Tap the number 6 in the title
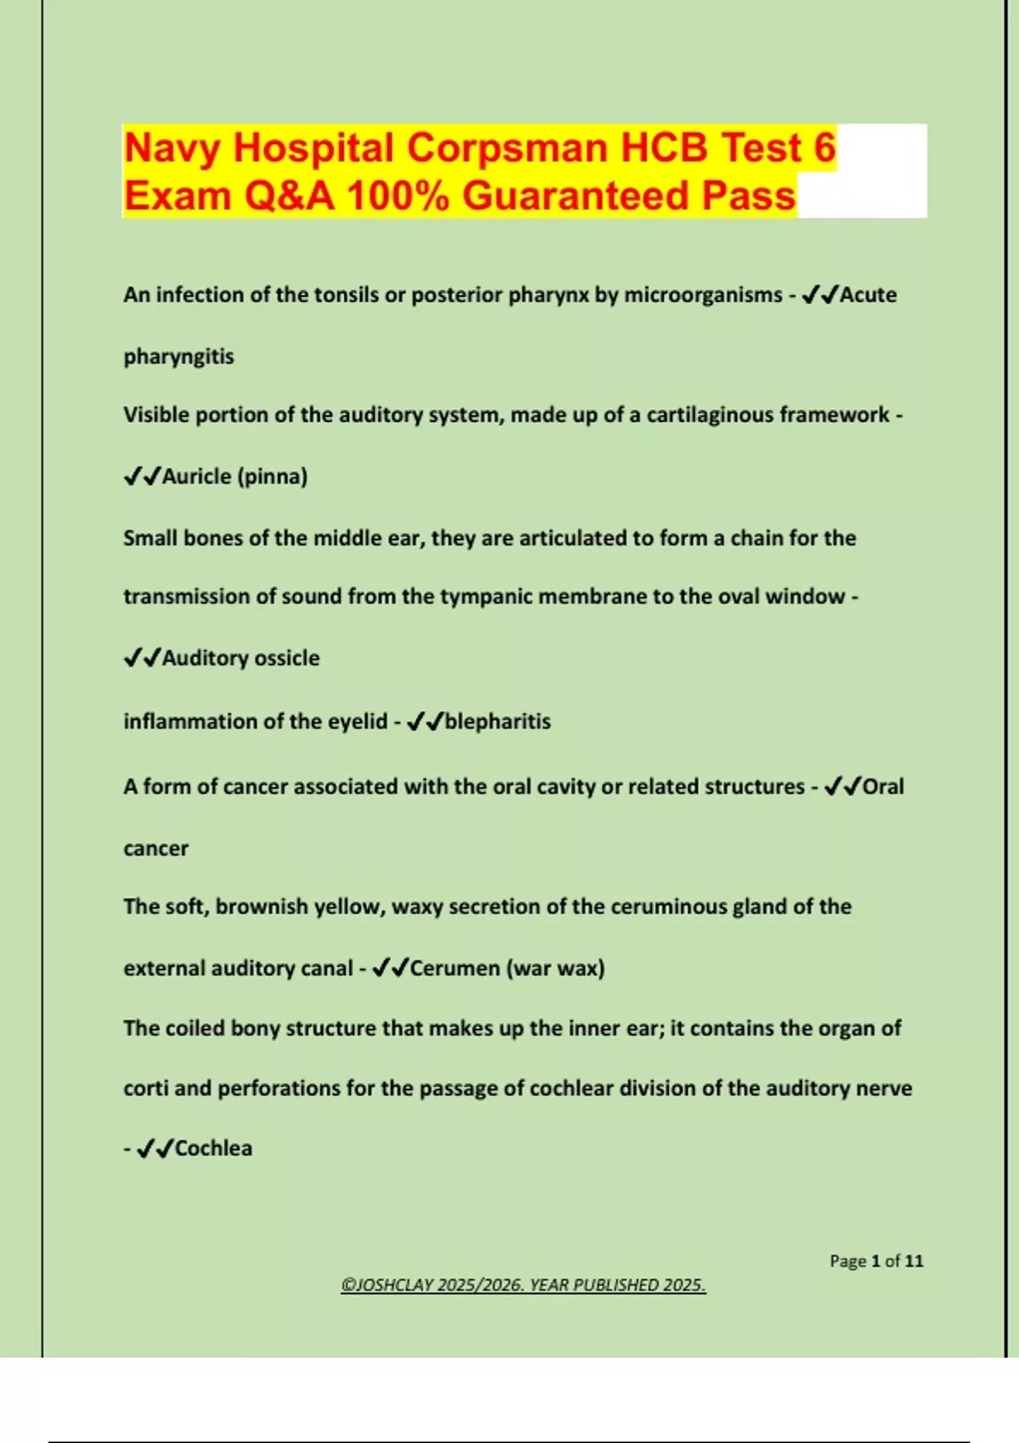tap(825, 148)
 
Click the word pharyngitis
tap(178, 356)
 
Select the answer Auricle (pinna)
tap(234, 476)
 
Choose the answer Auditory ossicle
tap(240, 658)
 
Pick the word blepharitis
tap(498, 721)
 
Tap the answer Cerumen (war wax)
tap(507, 968)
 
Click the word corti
tap(145, 1088)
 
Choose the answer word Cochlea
tap(213, 1148)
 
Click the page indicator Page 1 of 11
tap(875, 1261)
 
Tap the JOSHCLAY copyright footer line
tap(523, 1285)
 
